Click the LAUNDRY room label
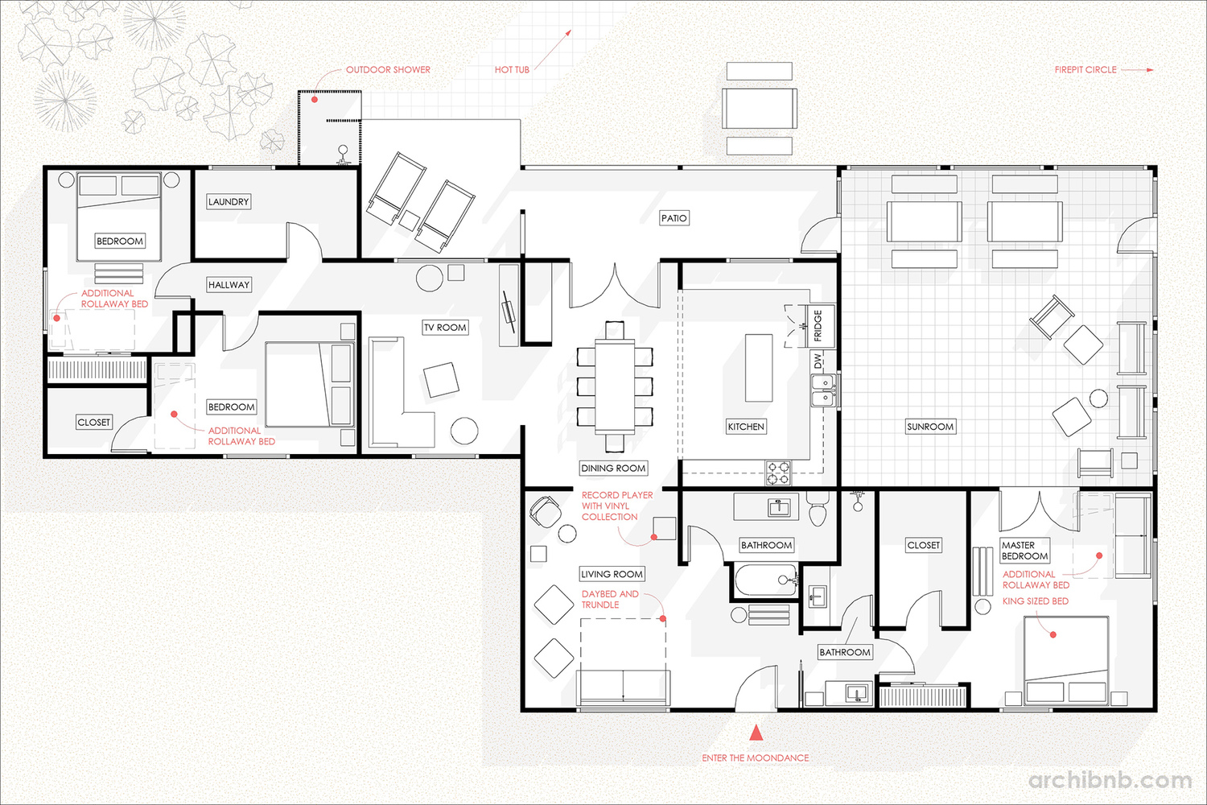[229, 202]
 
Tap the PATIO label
[674, 218]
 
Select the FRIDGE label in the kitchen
[818, 325]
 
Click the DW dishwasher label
[818, 361]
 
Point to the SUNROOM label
[930, 427]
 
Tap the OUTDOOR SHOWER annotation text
[388, 69]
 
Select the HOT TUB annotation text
[512, 69]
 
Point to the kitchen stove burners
[779, 473]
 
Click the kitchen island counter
[759, 368]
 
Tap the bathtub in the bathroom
[766, 580]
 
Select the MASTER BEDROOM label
[1025, 551]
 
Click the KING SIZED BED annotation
[1035, 601]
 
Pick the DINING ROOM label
[613, 468]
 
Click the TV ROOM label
[445, 328]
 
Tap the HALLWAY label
[229, 285]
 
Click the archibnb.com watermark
[1110, 780]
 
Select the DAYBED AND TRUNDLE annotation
[610, 599]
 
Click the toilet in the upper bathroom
[818, 510]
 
